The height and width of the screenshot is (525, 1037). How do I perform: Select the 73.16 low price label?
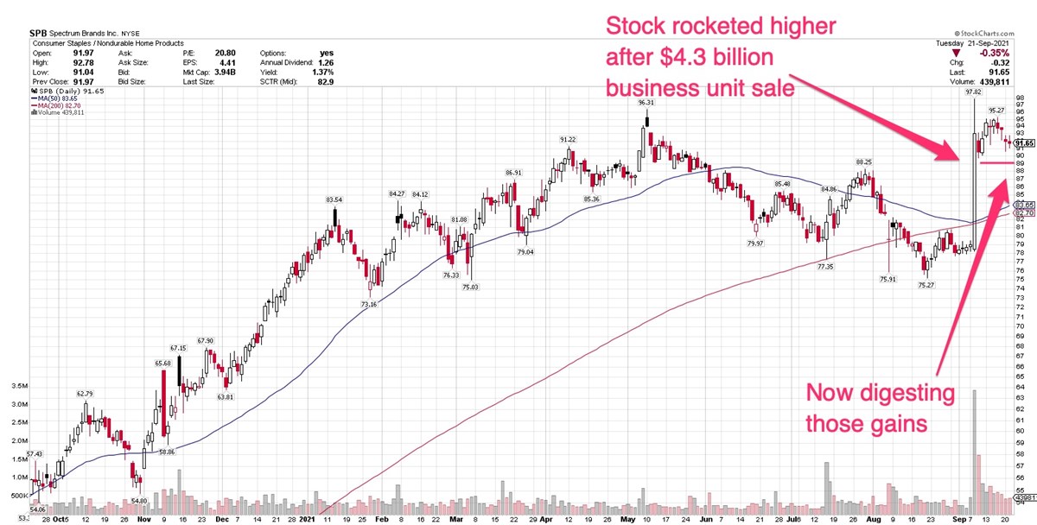coord(369,304)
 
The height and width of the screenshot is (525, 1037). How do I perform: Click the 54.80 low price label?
coord(140,500)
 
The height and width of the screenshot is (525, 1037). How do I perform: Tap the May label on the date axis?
coord(627,521)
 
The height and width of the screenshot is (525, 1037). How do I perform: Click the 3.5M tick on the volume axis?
coord(16,385)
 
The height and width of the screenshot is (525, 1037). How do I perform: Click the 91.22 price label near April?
coord(568,139)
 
